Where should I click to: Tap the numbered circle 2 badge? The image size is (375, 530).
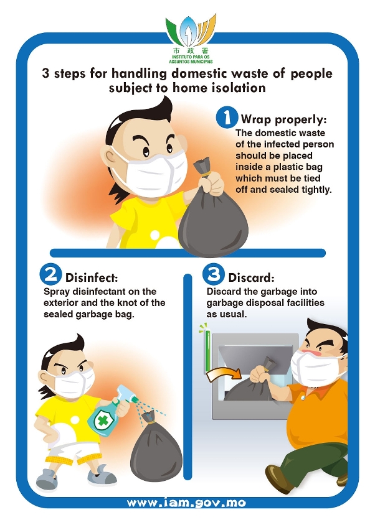50,274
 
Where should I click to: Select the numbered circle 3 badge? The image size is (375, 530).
214,274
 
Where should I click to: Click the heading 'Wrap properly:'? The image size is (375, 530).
283,119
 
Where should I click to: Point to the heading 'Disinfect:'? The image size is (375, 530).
92,277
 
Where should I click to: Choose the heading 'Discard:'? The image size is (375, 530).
251,277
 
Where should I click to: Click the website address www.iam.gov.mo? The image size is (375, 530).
186,503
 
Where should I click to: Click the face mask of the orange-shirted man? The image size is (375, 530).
316,368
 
